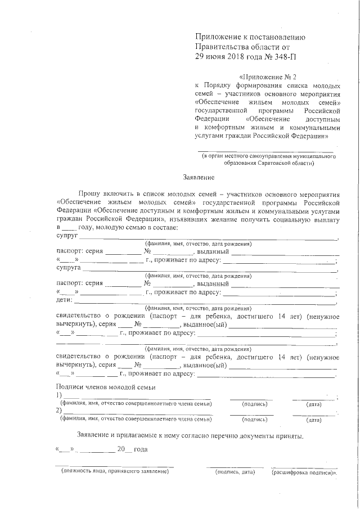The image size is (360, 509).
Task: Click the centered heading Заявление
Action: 197,176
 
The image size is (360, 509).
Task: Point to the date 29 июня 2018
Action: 218,57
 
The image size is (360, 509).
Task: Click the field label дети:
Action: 65,300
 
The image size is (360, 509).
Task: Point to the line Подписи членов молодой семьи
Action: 106,387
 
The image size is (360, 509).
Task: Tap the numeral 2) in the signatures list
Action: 60,411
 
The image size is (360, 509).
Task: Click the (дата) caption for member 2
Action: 313,420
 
